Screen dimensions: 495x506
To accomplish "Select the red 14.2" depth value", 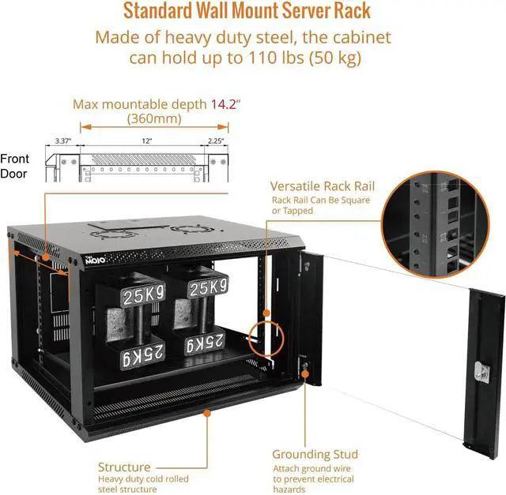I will (x=225, y=104).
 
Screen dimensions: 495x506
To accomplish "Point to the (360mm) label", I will (x=154, y=119).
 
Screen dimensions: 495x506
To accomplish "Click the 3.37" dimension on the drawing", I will (x=63, y=141).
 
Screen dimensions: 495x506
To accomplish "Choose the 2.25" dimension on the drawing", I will (x=213, y=141).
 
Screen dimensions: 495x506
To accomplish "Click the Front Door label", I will (x=15, y=166).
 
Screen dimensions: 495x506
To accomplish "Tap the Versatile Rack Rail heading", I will (x=322, y=186).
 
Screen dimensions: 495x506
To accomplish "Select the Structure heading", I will (x=124, y=467).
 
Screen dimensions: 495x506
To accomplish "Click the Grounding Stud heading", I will (x=315, y=454).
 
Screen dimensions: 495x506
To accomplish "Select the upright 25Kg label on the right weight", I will (x=208, y=286).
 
